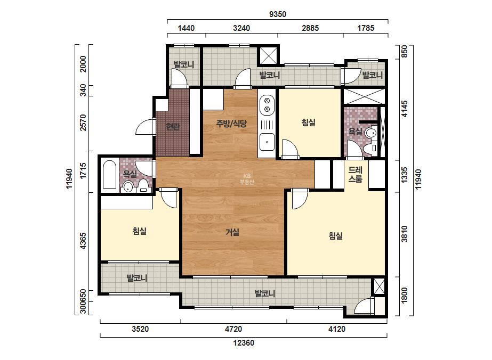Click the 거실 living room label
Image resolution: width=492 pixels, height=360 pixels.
(232, 232)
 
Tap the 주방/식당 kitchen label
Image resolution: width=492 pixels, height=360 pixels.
(231, 124)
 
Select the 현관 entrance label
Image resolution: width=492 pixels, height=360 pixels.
(173, 127)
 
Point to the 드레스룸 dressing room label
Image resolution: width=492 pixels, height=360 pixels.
(356, 174)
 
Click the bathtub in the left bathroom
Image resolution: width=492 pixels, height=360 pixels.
(109, 175)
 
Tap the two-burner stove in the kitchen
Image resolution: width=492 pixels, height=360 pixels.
(267, 105)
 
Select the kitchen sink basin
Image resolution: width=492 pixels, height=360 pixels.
(267, 142)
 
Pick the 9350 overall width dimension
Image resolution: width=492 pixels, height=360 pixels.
(278, 14)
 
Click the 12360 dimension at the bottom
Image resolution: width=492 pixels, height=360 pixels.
(244, 343)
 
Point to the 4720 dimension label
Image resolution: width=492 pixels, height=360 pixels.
(233, 329)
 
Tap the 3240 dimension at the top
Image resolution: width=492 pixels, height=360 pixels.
(241, 28)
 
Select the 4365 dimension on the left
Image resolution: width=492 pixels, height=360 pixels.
(83, 241)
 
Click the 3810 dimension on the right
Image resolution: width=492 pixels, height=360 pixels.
(405, 234)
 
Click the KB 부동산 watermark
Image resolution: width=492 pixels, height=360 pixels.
(247, 179)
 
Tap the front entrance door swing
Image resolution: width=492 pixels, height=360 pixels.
(145, 127)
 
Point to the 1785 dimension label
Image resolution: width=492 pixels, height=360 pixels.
(366, 28)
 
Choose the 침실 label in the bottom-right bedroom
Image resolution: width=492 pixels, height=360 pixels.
(336, 235)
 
